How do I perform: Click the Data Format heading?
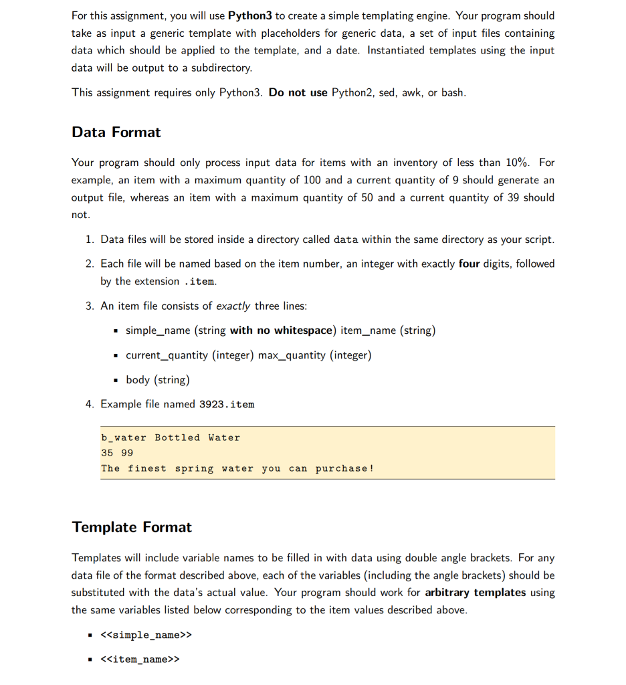(116, 132)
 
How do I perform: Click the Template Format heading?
(132, 527)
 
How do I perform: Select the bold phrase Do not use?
(298, 92)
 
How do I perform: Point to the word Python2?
(352, 92)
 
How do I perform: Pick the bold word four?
(469, 264)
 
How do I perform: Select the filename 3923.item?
(227, 404)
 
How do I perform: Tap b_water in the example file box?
(124, 437)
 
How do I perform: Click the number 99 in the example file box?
(127, 453)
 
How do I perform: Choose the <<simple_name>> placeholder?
(145, 635)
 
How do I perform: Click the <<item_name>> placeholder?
(140, 660)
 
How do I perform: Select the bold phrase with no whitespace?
(281, 330)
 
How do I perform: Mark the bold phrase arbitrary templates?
(475, 593)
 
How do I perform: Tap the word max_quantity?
(291, 355)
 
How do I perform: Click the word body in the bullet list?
(138, 380)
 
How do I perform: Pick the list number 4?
(90, 404)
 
